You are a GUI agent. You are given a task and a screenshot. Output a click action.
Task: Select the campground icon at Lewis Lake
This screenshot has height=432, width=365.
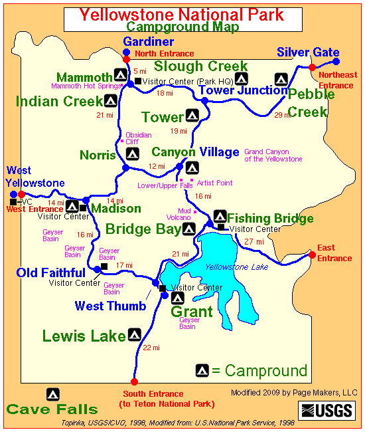135,334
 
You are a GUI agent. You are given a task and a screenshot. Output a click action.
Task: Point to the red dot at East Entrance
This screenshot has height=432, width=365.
312,254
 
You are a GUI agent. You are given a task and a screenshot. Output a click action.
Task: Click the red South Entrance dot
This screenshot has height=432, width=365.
134,381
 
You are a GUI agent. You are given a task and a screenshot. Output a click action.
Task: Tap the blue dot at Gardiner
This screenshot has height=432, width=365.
126,51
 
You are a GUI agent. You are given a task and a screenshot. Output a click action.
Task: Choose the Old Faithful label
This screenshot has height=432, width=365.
51,272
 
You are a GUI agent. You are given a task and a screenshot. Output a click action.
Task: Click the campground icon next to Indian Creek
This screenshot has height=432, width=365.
111,100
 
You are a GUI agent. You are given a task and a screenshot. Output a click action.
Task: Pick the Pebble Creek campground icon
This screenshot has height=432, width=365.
281,79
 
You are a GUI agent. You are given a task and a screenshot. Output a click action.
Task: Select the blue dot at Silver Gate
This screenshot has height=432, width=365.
335,60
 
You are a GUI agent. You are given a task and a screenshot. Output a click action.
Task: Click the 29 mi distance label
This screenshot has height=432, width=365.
281,115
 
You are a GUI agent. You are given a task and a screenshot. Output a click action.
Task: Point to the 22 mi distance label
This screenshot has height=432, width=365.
151,348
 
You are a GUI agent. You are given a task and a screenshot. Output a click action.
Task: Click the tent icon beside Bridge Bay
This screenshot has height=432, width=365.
188,229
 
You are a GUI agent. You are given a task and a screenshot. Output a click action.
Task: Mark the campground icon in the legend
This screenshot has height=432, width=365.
202,370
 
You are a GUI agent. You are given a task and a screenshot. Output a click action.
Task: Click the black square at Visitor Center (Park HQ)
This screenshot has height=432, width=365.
137,82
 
